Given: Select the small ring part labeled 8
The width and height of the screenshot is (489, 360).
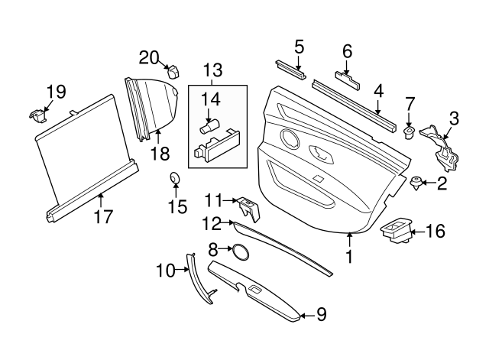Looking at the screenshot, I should (240, 251).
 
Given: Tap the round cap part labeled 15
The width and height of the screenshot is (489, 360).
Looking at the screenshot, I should (175, 180).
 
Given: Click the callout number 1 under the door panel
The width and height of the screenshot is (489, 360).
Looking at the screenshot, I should (349, 258).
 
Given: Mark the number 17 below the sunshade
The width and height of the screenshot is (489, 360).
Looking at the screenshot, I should (102, 216).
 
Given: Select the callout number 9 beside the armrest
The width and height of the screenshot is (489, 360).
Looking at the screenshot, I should (321, 313).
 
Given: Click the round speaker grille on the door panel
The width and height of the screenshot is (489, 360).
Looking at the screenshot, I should (290, 140).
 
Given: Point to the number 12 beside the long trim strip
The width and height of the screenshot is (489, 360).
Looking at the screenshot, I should (211, 224).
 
